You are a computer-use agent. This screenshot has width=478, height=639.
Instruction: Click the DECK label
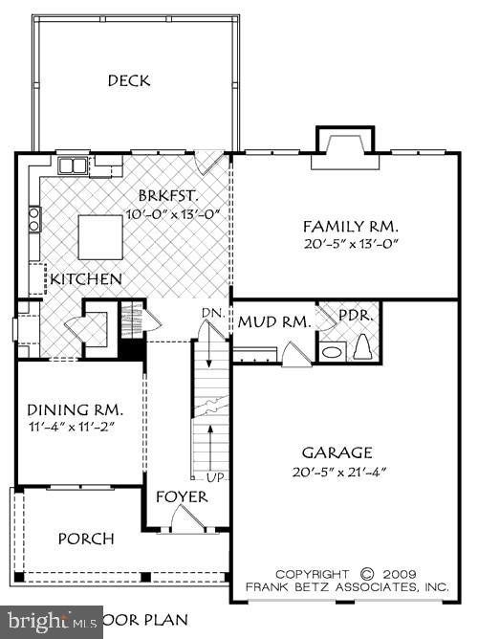(129, 81)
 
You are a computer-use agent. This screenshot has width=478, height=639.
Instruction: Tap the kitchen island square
(99, 236)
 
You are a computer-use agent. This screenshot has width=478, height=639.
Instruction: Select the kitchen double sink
(73, 166)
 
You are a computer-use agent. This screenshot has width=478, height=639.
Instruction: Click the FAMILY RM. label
(350, 227)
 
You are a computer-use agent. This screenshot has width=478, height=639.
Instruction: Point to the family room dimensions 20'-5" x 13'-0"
(350, 244)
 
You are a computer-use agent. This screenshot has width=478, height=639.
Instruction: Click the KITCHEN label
(86, 280)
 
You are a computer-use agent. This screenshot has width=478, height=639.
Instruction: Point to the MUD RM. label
(274, 322)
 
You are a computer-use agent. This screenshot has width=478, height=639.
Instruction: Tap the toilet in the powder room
(363, 348)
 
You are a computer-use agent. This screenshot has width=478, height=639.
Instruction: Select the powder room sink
(332, 352)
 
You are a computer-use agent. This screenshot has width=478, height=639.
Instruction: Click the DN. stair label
(212, 314)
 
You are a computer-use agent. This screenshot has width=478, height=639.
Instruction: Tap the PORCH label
(86, 539)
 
